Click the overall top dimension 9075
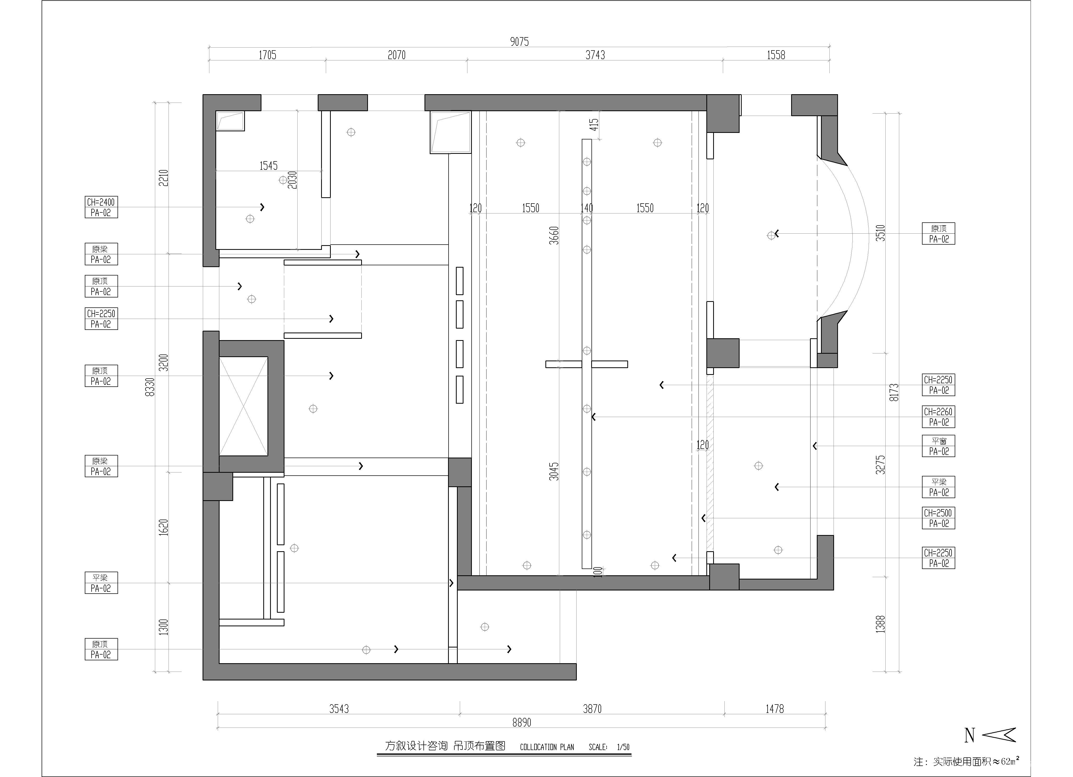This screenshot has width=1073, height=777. click(x=519, y=42)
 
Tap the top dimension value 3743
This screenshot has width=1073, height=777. click(x=595, y=55)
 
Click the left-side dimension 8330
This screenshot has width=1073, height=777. click(x=150, y=387)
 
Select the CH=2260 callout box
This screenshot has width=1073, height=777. click(x=938, y=417)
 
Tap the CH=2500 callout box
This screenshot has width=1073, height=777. click(x=938, y=518)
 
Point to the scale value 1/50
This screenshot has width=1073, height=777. click(x=623, y=747)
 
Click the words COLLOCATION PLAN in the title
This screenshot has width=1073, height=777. click(x=547, y=747)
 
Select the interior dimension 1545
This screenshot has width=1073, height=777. click(x=268, y=166)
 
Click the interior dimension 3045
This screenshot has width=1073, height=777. click(x=554, y=471)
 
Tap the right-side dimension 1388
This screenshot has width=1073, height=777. click(x=880, y=624)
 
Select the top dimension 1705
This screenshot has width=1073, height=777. click(x=267, y=55)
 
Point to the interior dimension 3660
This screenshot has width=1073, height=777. click(x=554, y=235)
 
